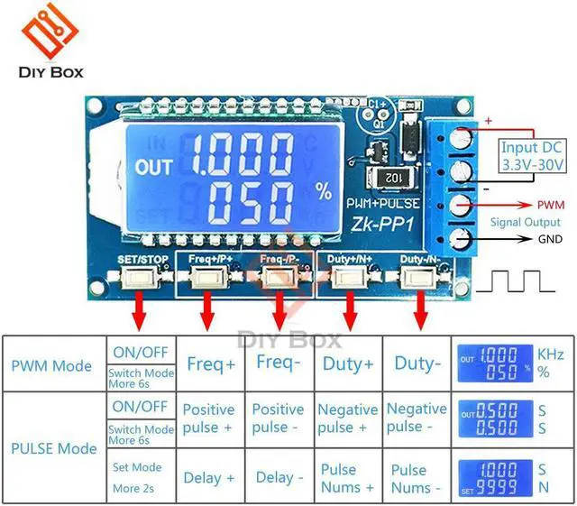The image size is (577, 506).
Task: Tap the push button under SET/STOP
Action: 141,277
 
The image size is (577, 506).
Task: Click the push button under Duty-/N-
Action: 418,277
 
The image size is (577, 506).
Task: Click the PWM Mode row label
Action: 51,365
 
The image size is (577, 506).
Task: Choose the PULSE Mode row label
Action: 53,448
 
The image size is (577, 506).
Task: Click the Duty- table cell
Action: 417,364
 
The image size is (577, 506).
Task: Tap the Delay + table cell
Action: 210,477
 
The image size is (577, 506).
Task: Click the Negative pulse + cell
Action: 348,419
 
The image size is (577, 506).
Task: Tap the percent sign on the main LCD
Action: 324,191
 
